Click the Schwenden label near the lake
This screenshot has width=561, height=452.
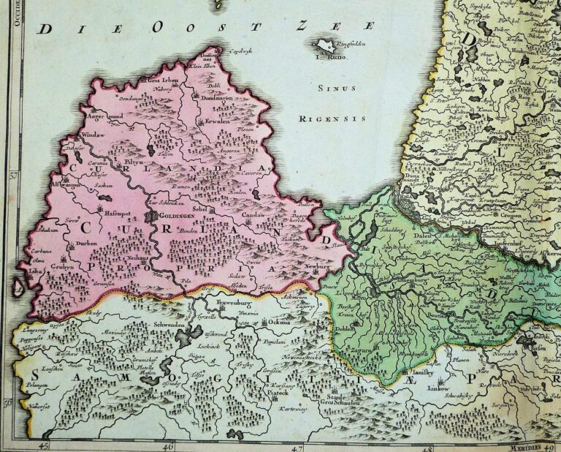tap(170, 329)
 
